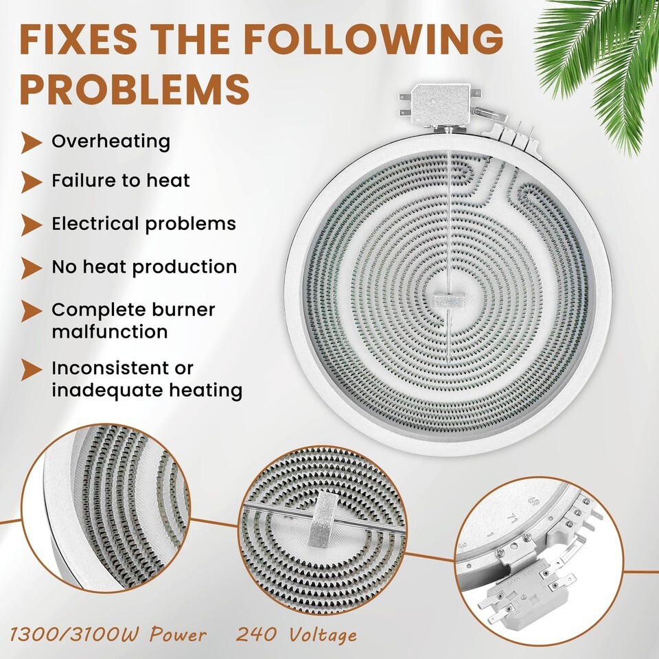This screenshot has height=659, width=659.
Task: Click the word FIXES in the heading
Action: (78, 39)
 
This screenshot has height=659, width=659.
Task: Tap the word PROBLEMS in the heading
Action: (135, 89)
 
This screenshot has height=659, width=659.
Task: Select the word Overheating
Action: (111, 141)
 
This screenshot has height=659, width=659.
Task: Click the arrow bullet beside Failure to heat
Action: (32, 182)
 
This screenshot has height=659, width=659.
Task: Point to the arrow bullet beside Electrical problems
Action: (32, 225)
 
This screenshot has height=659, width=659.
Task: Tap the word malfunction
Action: (110, 332)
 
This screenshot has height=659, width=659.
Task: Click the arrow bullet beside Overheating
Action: (32, 143)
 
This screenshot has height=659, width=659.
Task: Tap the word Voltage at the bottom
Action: (323, 634)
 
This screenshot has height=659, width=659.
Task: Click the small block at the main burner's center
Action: (449, 300)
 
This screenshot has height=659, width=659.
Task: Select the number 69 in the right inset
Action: (533, 501)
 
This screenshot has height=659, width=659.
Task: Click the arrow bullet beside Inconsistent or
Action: (32, 370)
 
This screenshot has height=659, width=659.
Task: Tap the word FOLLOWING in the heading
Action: (373, 39)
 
